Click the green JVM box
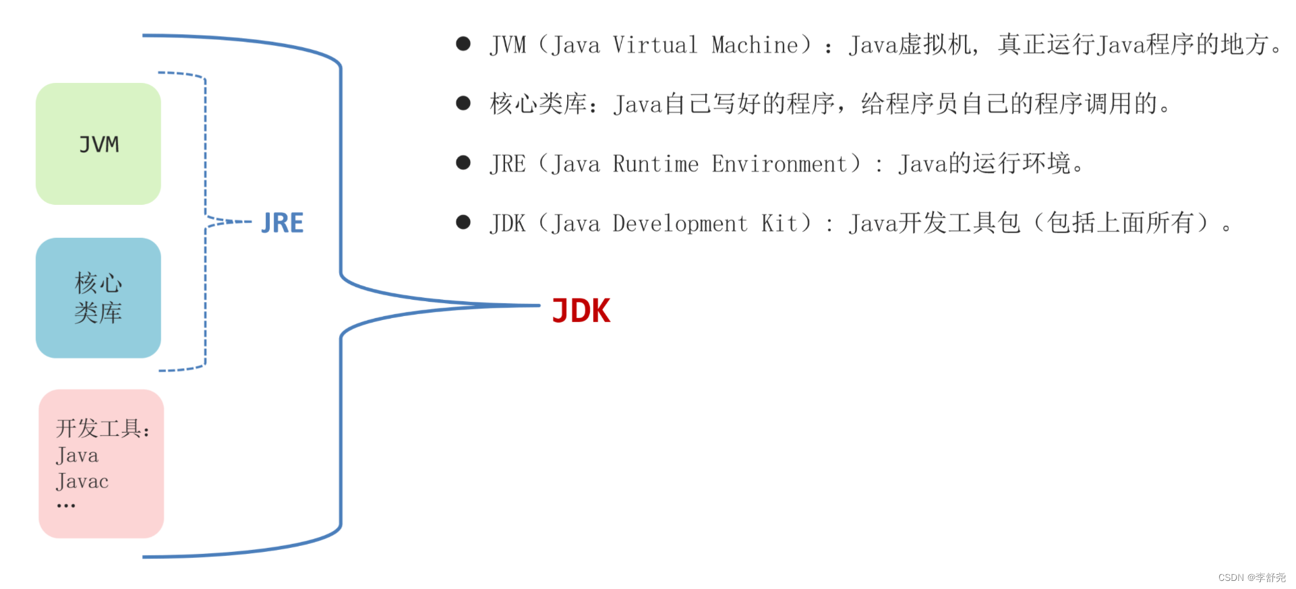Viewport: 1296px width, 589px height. tap(98, 144)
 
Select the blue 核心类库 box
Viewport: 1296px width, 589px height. tap(98, 297)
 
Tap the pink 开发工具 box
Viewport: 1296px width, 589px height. tap(101, 463)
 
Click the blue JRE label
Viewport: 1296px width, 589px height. tap(283, 223)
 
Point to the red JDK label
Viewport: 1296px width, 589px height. tap(581, 311)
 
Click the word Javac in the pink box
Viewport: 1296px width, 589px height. tap(82, 481)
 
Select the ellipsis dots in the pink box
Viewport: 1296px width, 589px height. tap(66, 505)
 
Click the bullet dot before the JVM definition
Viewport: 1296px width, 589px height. tap(463, 44)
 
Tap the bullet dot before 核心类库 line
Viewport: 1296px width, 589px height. tap(463, 103)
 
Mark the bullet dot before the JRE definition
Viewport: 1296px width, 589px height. tap(463, 162)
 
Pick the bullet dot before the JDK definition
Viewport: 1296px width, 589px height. tap(463, 222)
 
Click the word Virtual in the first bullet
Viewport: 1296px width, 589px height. tap(655, 44)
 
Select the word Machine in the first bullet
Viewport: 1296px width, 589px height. tap(755, 44)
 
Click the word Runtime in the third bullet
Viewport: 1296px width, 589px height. tap(655, 164)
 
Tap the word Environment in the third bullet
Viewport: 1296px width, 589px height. tap(779, 164)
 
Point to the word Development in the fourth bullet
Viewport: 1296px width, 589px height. tap(680, 223)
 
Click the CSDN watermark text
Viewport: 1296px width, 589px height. tap(1251, 578)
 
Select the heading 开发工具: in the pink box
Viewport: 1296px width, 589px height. tap(102, 428)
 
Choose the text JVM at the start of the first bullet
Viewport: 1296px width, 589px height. tap(508, 44)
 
